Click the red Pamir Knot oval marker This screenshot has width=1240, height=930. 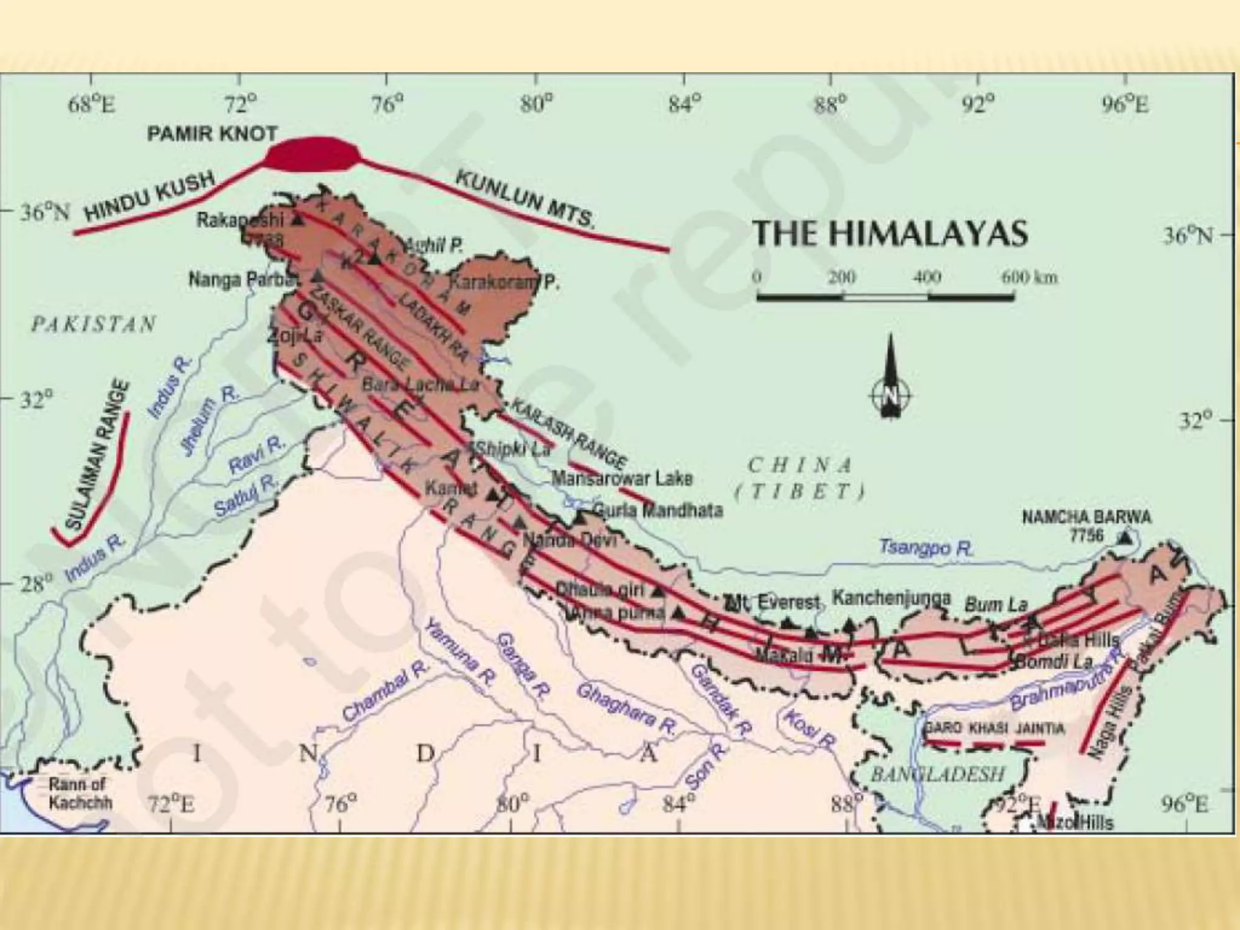click(312, 156)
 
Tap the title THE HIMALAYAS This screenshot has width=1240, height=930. click(889, 233)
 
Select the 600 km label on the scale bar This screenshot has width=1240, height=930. click(1029, 278)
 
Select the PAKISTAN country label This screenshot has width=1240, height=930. click(94, 325)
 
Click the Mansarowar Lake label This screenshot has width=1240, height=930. click(622, 479)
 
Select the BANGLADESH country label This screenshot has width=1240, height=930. click(937, 773)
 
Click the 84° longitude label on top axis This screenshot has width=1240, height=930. click(684, 105)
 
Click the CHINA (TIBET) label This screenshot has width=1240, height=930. click(800, 478)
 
